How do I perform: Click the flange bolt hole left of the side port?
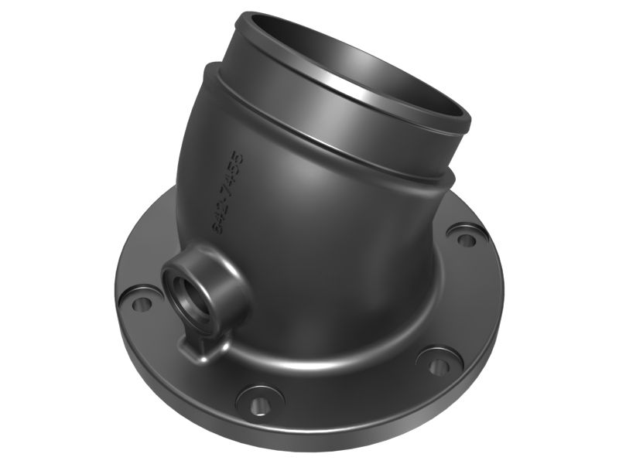click(139, 303)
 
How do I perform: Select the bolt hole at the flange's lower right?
click(439, 363)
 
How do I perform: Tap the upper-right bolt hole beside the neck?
click(466, 238)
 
